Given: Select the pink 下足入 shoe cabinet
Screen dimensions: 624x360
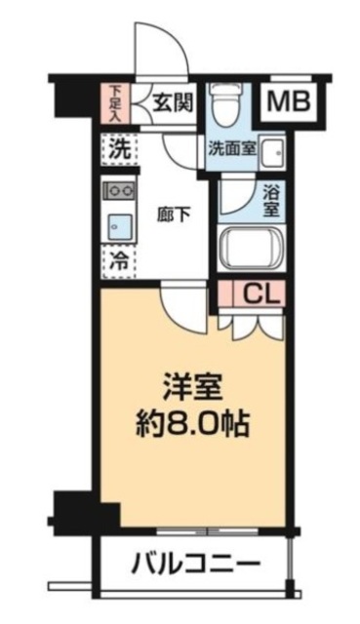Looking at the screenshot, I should (x=117, y=101).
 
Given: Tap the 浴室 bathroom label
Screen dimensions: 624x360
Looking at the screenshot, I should (x=272, y=200).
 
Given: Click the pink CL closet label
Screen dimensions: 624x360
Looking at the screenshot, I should (x=259, y=292).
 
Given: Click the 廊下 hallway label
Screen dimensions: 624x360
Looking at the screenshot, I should (x=175, y=214).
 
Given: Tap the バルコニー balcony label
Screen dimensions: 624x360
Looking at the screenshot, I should (x=195, y=564).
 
